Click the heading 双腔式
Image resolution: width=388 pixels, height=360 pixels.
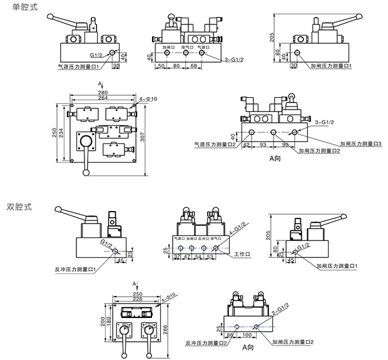[19, 206]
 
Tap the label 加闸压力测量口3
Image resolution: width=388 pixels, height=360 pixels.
[361, 143]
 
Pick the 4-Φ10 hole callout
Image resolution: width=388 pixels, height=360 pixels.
[149, 99]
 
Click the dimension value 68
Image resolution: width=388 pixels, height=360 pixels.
[194, 65]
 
